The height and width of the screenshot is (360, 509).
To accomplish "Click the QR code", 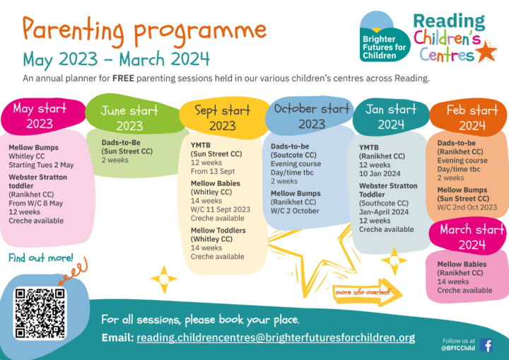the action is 40,313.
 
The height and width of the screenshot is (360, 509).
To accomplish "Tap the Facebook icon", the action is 486,345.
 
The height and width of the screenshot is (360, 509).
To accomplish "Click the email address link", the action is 276,337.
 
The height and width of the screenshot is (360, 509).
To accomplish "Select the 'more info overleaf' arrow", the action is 368,292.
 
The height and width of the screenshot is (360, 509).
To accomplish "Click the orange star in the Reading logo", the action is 486,52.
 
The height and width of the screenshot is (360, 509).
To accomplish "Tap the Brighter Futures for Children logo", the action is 385,36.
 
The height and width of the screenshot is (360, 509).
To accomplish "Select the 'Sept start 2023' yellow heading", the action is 223,117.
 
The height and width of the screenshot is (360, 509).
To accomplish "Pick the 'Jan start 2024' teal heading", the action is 391,116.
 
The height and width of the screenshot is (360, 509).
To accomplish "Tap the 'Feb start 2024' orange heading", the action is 469,117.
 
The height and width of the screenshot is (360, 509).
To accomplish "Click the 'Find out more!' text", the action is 41,258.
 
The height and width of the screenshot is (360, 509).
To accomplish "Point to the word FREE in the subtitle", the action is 123,79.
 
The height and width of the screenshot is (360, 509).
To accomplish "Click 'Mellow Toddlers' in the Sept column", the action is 218,231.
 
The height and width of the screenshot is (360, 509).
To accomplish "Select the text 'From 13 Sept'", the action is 213,171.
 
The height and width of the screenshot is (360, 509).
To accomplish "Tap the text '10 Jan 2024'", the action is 380,173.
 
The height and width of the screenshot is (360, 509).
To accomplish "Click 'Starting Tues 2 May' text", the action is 41,165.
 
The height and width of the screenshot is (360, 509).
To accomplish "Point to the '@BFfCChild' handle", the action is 457,348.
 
